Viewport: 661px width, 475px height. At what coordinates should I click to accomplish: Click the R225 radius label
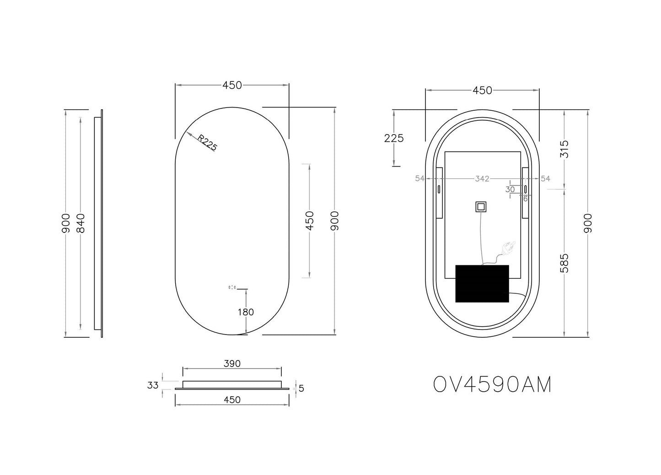tap(207, 143)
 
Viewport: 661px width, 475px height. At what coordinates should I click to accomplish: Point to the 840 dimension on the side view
tap(81, 223)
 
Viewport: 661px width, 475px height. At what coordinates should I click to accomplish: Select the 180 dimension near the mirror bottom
tap(246, 312)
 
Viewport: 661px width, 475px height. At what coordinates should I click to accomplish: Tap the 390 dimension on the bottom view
tap(232, 364)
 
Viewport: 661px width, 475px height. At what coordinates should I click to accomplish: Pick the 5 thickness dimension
tap(301, 389)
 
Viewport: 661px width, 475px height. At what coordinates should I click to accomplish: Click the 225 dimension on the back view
tap(394, 138)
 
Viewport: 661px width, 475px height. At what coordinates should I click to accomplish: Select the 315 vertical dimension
tap(564, 149)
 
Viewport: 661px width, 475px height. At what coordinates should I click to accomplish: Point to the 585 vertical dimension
tap(564, 264)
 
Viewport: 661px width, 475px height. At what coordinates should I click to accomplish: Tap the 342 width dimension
tap(482, 178)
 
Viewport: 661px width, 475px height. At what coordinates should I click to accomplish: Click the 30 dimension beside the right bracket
tap(510, 189)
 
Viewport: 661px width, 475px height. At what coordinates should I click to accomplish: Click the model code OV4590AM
tap(492, 385)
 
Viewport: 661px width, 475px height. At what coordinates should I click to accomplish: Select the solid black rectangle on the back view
tap(482, 283)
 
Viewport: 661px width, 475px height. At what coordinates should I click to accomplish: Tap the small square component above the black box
tap(480, 207)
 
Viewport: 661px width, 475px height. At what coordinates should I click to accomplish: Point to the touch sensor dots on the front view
tap(232, 287)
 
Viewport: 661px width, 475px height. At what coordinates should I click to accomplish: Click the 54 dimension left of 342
tap(419, 178)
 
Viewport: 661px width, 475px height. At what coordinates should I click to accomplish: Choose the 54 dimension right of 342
tap(545, 178)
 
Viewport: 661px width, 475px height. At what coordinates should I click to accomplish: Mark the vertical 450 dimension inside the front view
tap(310, 221)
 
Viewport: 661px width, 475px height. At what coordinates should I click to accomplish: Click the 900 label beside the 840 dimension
tap(66, 223)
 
